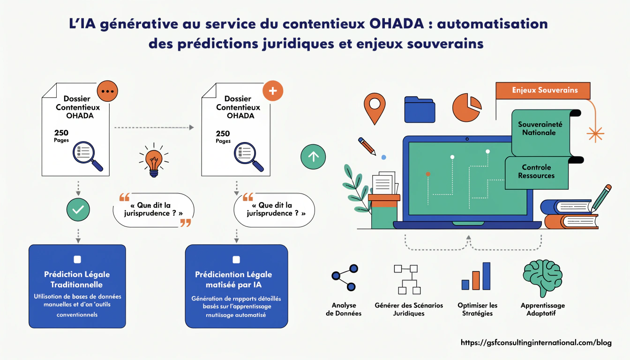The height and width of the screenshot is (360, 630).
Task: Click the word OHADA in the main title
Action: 402,24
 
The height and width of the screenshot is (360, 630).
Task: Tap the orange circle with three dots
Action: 107,91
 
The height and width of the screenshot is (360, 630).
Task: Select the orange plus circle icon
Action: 273,90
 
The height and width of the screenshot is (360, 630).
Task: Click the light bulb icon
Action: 153,162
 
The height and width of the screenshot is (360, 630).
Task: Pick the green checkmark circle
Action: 78,210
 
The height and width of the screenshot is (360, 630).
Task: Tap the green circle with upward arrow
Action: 313,157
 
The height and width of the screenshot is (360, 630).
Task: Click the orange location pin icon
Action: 375,107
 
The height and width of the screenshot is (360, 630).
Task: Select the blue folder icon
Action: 420,110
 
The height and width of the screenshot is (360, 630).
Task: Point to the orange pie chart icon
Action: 466,107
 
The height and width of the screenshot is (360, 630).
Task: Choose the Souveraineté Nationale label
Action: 540,128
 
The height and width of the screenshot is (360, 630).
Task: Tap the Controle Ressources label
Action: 536,172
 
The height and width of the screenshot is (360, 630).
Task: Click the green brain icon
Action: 543,277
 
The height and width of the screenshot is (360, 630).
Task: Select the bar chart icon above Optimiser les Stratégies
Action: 476,277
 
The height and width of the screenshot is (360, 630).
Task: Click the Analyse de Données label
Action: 344,309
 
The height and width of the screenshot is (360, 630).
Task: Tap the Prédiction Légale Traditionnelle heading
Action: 77,279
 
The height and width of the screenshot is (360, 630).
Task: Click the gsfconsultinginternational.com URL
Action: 536,343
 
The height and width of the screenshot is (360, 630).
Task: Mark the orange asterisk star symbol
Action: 595,134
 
